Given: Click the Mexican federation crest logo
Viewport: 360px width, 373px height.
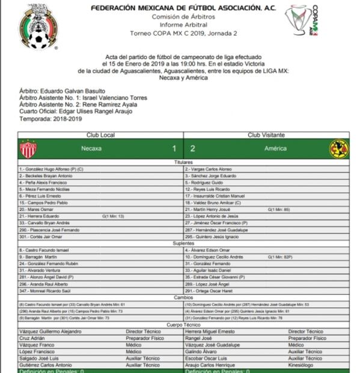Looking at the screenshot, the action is (38, 27).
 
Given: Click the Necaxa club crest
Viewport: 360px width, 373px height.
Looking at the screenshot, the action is (28, 149).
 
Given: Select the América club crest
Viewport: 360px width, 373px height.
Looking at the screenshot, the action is (338, 149).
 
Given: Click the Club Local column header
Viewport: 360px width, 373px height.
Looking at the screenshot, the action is (100, 135).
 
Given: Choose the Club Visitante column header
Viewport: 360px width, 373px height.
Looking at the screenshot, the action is (266, 135).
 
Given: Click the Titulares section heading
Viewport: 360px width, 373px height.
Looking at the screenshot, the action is (183, 162).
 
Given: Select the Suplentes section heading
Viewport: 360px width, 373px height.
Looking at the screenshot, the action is (183, 242).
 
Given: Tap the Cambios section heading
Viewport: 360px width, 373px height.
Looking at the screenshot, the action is (183, 297).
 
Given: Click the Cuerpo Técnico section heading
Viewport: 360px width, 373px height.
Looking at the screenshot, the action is (183, 324).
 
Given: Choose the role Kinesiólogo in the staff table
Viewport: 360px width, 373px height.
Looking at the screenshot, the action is (304, 365).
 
